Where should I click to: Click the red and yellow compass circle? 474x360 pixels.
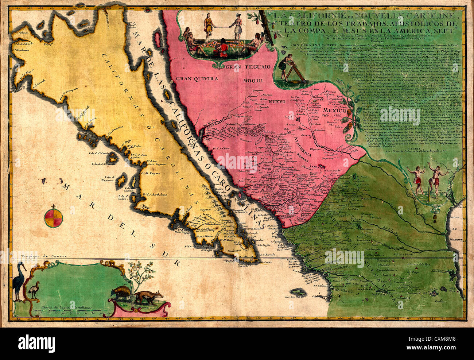pyautogui.click(x=54, y=217)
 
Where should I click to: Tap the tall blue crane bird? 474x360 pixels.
pyautogui.click(x=18, y=281)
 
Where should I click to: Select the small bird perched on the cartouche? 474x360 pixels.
pyautogui.click(x=34, y=290)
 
